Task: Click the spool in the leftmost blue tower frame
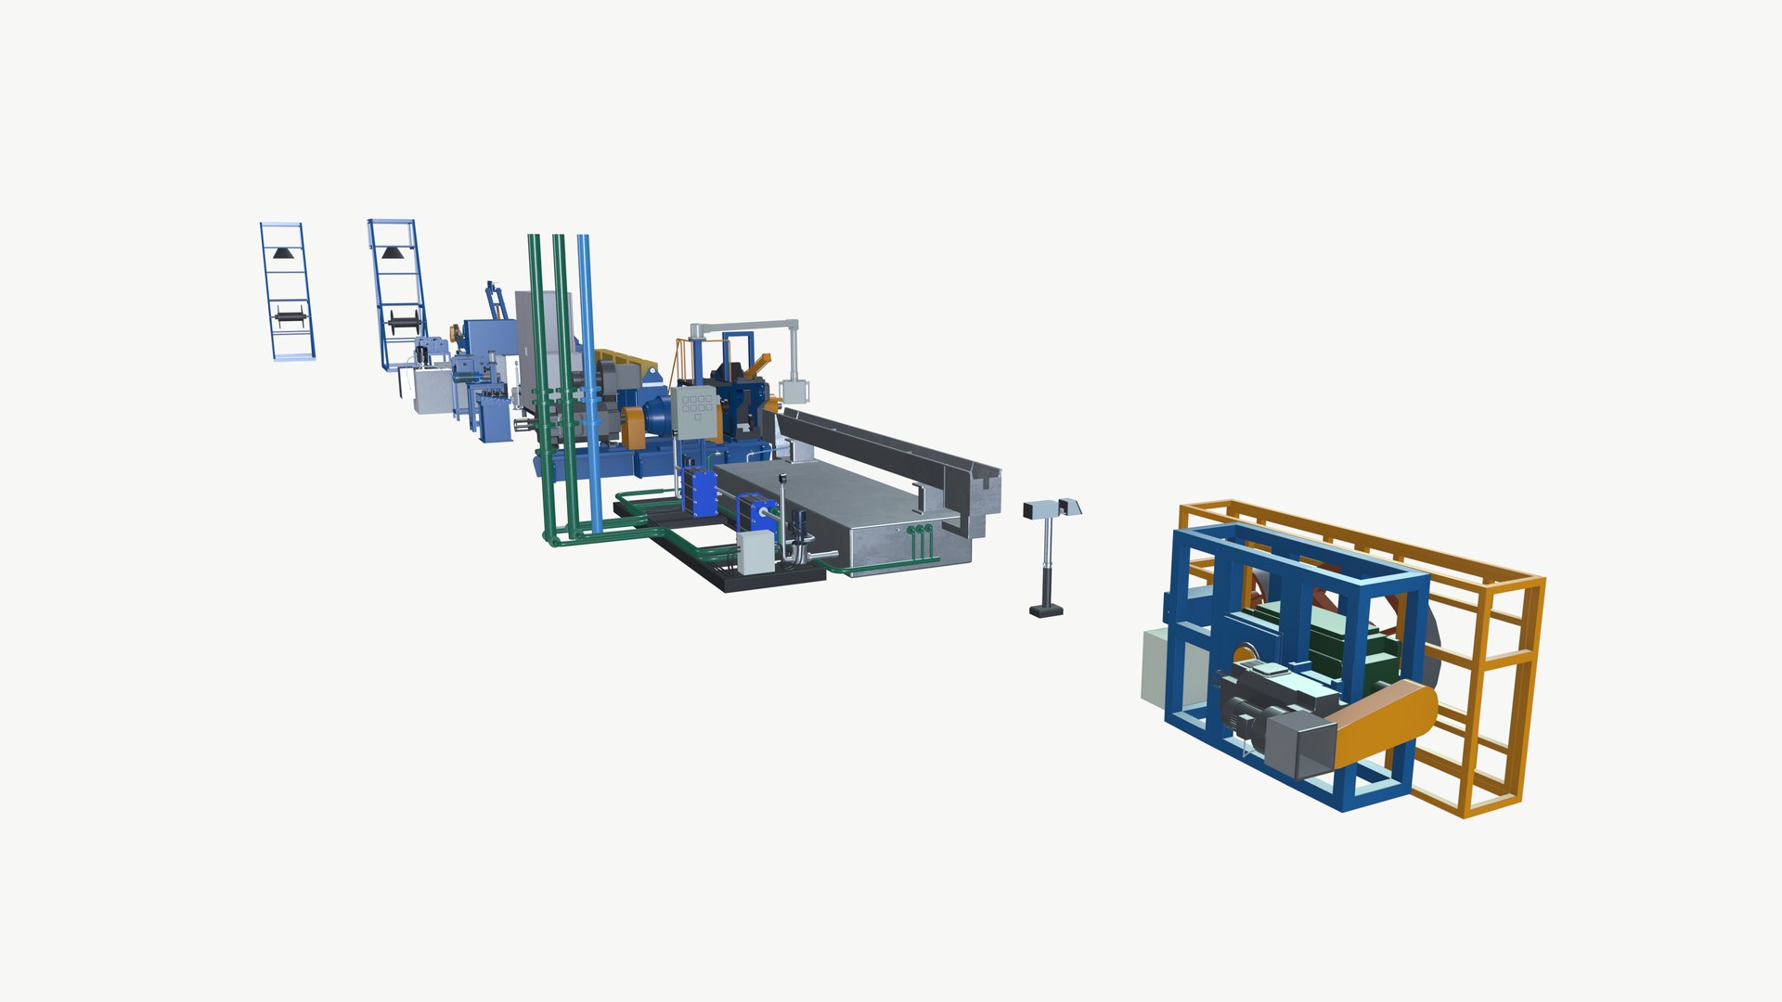[x=290, y=316]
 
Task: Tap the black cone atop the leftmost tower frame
[x=283, y=252]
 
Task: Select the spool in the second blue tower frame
[x=404, y=322]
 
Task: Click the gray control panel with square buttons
[x=697, y=412]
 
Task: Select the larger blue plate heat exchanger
[x=700, y=492]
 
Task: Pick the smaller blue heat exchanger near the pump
[x=756, y=515]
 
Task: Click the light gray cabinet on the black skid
[x=755, y=554]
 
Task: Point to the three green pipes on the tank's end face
[x=920, y=532]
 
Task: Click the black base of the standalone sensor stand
[x=1046, y=610]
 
